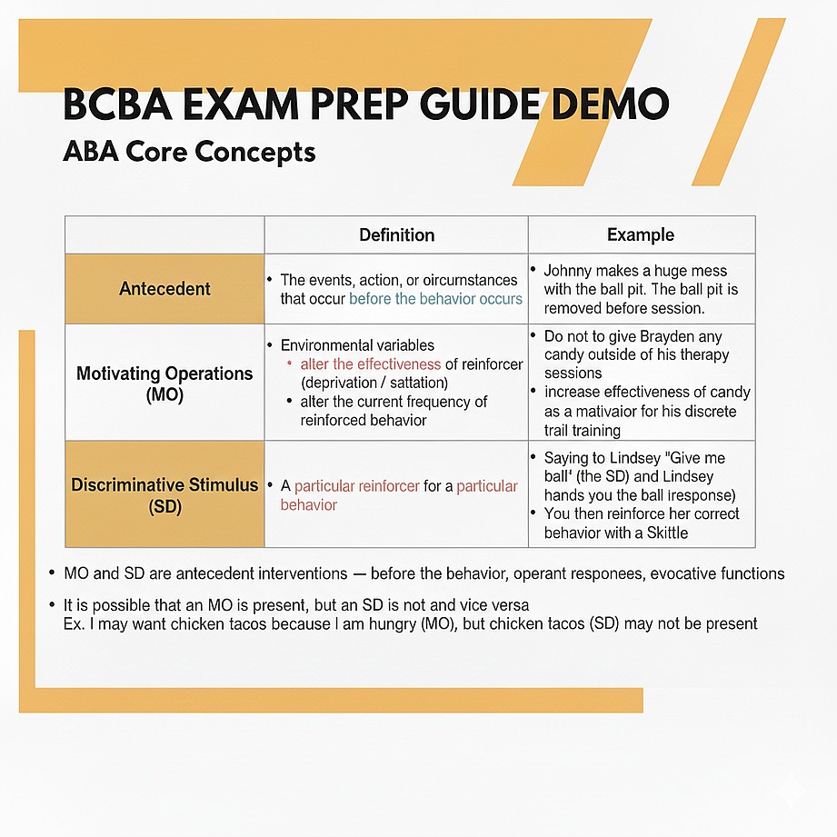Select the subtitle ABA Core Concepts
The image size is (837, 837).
(x=189, y=150)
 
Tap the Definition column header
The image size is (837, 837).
(x=396, y=235)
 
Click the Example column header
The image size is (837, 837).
(x=641, y=235)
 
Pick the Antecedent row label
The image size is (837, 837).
(x=164, y=289)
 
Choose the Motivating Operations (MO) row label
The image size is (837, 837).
(x=164, y=384)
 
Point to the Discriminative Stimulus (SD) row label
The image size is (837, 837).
(x=164, y=495)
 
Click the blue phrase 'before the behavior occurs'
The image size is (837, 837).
(x=436, y=299)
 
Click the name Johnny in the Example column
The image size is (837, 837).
(x=567, y=271)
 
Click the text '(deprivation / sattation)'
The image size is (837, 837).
(x=374, y=383)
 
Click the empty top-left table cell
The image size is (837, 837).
(x=164, y=235)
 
